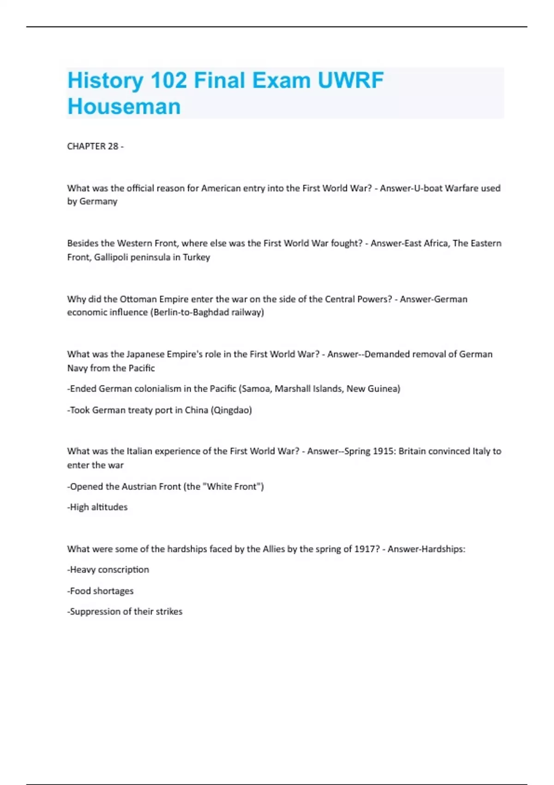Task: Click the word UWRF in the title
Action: coord(350,80)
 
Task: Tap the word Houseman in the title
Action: coord(124,107)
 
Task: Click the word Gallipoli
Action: coord(111,257)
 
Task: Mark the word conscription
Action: coord(123,570)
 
